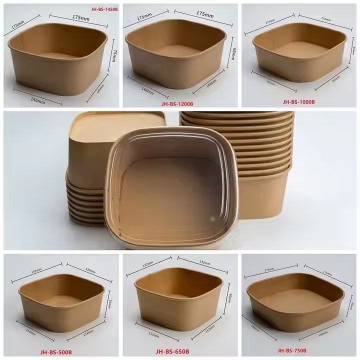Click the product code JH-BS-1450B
pos(105,9)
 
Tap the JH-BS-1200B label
pos(177,104)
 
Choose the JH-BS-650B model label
pos(172,351)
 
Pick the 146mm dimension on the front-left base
pos(38,100)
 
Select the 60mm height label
pos(229,301)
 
